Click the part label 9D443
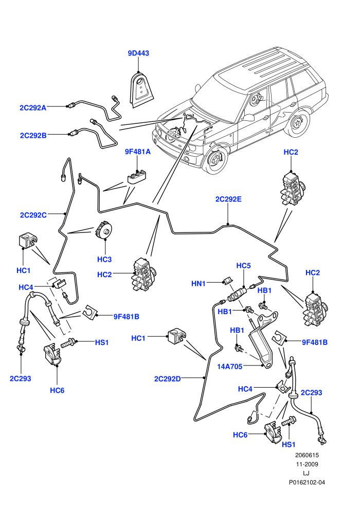tap(138, 53)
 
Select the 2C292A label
tap(33, 108)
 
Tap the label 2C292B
tap(33, 135)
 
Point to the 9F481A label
tap(138, 152)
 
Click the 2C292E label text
tap(228, 199)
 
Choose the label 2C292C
tap(33, 215)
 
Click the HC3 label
tap(104, 259)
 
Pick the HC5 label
tap(243, 265)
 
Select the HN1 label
tap(199, 283)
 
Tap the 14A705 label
tap(229, 367)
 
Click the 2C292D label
tap(167, 379)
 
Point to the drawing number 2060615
tap(307, 455)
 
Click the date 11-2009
tap(307, 464)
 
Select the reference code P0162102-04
tap(307, 482)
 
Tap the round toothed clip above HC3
tap(104, 230)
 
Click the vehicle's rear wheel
tap(297, 124)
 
